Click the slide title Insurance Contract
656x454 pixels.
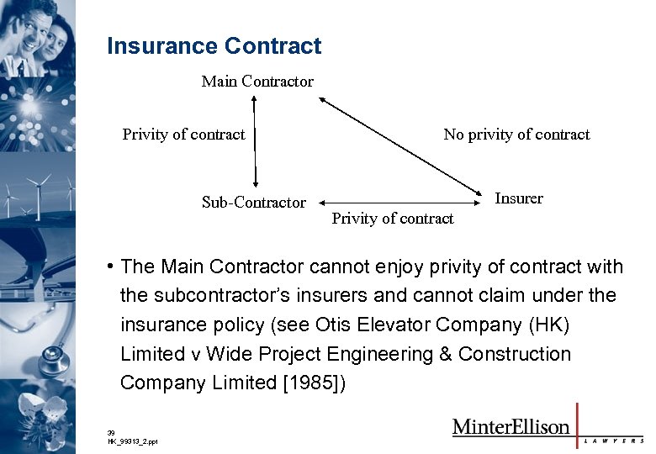(x=214, y=45)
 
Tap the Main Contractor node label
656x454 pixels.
(x=257, y=82)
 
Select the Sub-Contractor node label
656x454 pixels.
(x=253, y=202)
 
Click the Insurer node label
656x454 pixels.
(x=519, y=198)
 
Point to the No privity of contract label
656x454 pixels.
(x=516, y=135)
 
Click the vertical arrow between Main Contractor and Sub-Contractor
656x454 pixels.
(x=254, y=141)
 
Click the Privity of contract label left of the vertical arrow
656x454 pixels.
(x=183, y=135)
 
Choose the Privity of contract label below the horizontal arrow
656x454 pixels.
(x=392, y=219)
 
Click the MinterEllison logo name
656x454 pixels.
(x=511, y=426)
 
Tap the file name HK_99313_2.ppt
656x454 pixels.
(x=132, y=441)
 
